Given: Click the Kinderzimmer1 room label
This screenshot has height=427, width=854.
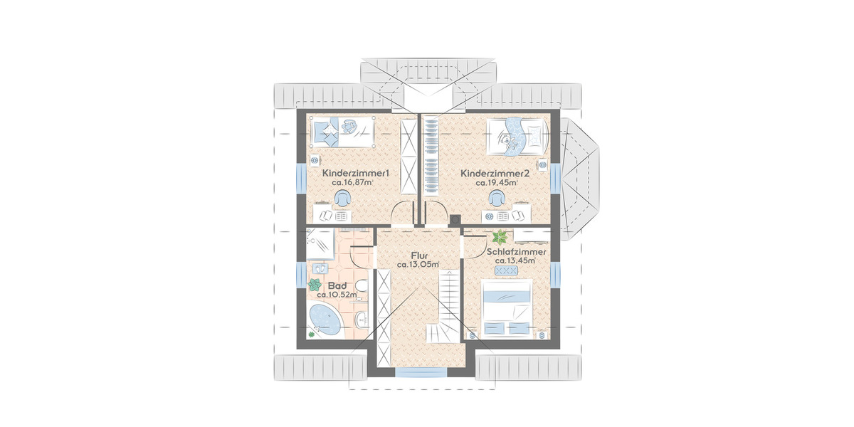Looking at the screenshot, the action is pyautogui.click(x=355, y=173).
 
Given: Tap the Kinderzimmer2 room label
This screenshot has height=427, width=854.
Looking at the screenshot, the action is pyautogui.click(x=495, y=174).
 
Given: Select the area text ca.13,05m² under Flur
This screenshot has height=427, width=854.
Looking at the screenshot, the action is pyautogui.click(x=418, y=264).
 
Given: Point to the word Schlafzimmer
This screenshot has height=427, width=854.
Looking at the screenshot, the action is pyautogui.click(x=516, y=252).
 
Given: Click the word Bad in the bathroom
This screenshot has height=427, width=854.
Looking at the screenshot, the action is pyautogui.click(x=337, y=285).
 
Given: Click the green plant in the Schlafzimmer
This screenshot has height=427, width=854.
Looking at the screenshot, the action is pyautogui.click(x=500, y=237).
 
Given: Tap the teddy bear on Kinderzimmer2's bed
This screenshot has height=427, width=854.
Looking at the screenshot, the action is pyautogui.click(x=509, y=142).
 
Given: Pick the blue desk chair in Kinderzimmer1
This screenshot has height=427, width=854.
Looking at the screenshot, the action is pyautogui.click(x=343, y=199).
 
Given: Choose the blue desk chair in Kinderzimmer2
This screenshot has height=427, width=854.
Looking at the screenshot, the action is pyautogui.click(x=497, y=199).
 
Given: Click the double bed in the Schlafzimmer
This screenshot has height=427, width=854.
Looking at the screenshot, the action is pyautogui.click(x=507, y=307).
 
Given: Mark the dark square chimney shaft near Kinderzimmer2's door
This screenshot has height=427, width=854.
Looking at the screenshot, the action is pyautogui.click(x=455, y=220).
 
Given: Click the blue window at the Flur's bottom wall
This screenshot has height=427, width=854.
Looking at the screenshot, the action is pyautogui.click(x=421, y=372).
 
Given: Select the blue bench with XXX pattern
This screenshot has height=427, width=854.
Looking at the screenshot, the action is pyautogui.click(x=506, y=270).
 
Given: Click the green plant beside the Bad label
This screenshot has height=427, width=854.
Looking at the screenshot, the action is pyautogui.click(x=315, y=285).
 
